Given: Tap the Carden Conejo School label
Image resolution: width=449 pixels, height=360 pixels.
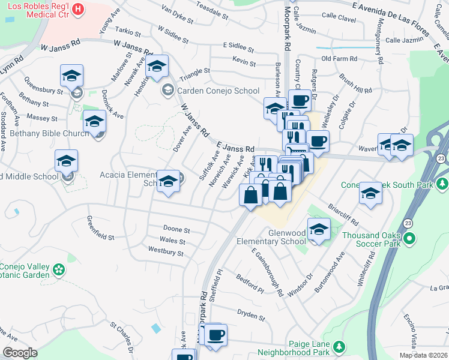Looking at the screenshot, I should pyautogui.click(x=213, y=91).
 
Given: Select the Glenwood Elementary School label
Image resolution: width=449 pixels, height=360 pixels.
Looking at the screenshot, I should pyautogui.click(x=279, y=237).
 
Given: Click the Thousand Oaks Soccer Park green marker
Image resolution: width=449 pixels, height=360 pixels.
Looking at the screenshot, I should pyautogui.click(x=410, y=239).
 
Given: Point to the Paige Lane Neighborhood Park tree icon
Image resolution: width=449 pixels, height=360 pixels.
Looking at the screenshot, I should pyautogui.click(x=340, y=347).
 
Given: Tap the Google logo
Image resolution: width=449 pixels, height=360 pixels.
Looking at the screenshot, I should pyautogui.click(x=20, y=353).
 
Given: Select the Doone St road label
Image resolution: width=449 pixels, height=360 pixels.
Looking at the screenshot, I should pyautogui.click(x=176, y=230).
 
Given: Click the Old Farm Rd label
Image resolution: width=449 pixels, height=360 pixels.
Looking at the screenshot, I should pyautogui.click(x=339, y=59).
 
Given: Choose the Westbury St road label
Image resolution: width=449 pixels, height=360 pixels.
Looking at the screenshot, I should pyautogui.click(x=165, y=253).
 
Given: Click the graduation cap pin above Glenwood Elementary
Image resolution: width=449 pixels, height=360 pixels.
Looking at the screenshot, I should pyautogui.click(x=319, y=229).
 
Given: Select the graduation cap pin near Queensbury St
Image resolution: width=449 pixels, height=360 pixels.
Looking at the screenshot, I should pyautogui.click(x=71, y=76).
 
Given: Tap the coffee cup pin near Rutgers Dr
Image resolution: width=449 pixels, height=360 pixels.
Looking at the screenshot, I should pyautogui.click(x=299, y=100).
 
